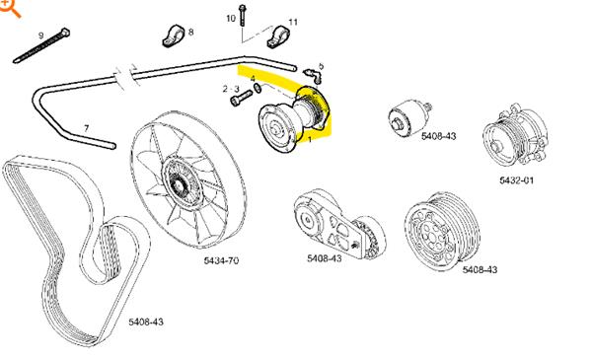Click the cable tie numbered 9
tap(41, 46)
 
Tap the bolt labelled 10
tap(242, 15)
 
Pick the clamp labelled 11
tap(277, 36)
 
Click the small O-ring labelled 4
tap(258, 89)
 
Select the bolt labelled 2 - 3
tap(241, 98)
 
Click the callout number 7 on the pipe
tap(87, 128)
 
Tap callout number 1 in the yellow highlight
tap(310, 139)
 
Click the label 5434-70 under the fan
tap(221, 260)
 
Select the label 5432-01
tap(516, 180)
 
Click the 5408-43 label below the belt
tap(146, 322)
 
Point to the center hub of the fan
tap(177, 185)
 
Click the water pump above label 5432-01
tap(515, 133)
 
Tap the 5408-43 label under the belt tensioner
tap(325, 258)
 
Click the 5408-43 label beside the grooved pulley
tap(480, 270)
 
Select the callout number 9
tap(41, 36)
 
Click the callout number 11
tap(293, 23)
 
